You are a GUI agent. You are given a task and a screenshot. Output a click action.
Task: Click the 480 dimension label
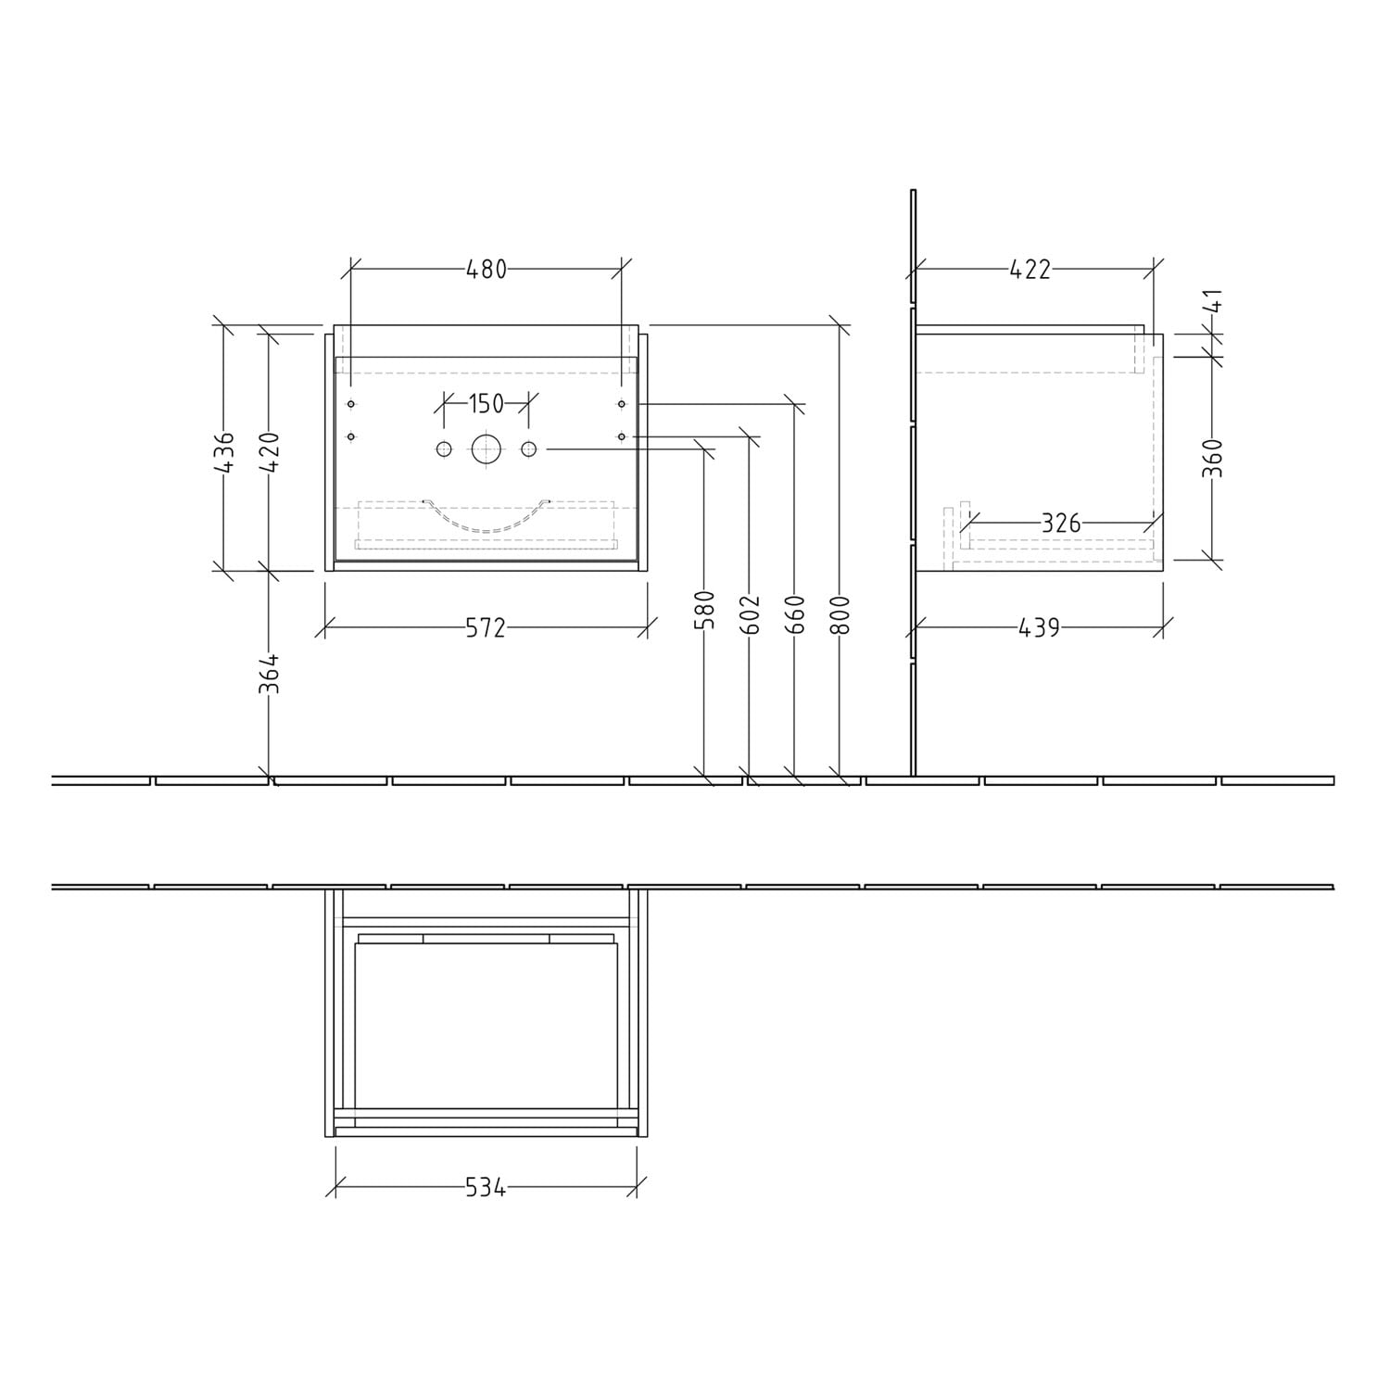(486, 269)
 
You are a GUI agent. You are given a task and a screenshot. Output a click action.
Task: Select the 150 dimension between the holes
(486, 404)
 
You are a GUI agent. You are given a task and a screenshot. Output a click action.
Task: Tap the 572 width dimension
(486, 628)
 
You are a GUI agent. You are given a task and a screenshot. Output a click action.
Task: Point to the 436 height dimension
(224, 451)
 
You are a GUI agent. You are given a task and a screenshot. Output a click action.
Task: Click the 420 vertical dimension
(269, 451)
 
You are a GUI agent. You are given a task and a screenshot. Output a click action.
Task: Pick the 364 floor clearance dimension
(269, 674)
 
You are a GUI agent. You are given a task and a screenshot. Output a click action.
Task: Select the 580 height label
(705, 611)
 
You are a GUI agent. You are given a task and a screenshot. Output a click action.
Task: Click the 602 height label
(750, 614)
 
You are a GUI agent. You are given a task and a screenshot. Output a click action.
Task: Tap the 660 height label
(794, 614)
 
